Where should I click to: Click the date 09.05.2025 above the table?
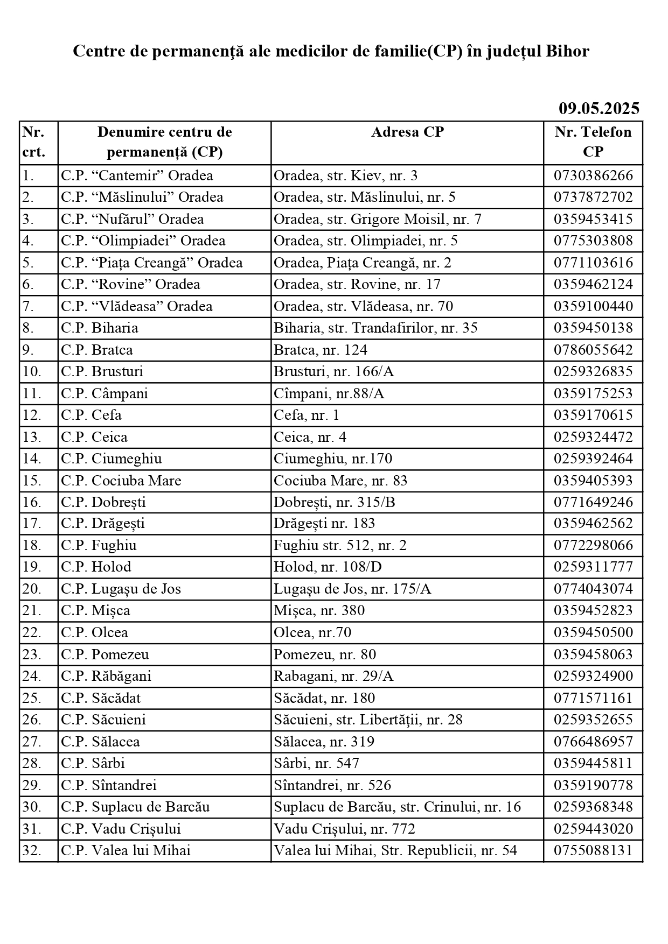tap(599, 109)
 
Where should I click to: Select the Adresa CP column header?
tap(407, 132)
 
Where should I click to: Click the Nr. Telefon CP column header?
tap(593, 142)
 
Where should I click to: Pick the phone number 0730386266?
tap(593, 175)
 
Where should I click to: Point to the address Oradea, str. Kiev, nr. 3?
tap(345, 175)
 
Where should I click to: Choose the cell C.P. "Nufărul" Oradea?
tap(133, 219)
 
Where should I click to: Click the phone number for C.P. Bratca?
tap(593, 350)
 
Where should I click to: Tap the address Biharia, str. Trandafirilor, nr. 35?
tap(375, 328)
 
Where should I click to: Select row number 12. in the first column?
tap(32, 415)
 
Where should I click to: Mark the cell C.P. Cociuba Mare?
tap(121, 480)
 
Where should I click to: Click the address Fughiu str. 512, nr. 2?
tap(340, 545)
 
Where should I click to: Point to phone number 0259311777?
tap(593, 567)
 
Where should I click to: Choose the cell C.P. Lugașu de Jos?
tap(121, 589)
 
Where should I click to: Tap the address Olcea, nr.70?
tap(312, 632)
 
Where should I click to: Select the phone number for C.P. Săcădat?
tap(593, 698)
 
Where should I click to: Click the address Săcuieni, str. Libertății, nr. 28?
tap(368, 720)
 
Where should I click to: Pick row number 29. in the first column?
tap(32, 785)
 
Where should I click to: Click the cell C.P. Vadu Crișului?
tap(121, 829)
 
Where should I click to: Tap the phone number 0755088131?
tap(593, 850)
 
